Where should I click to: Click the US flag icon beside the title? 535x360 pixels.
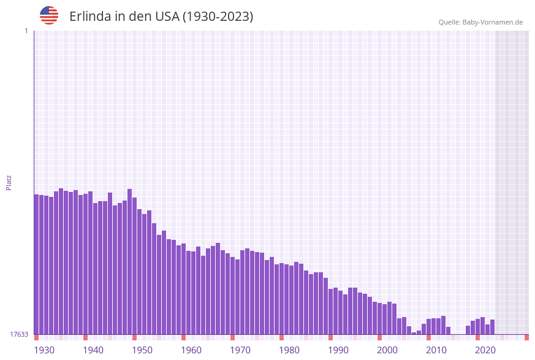[x=49, y=15]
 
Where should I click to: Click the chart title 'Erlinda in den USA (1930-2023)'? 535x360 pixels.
[x=161, y=17]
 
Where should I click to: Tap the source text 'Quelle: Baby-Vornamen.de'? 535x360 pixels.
[x=480, y=22]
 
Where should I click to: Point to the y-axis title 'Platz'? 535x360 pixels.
[x=9, y=182]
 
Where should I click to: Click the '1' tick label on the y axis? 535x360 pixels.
[x=26, y=31]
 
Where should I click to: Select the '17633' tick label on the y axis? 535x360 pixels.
[x=19, y=334]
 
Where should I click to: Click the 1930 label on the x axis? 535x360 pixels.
[x=44, y=350]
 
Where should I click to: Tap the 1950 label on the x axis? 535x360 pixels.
[x=142, y=350]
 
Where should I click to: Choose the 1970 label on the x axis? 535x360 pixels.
[x=240, y=350]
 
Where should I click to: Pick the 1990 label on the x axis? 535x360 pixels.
[x=338, y=350]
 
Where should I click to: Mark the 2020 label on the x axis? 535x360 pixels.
[x=485, y=350]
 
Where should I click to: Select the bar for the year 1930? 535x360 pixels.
[x=37, y=264]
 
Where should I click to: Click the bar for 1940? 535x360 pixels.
[x=86, y=264]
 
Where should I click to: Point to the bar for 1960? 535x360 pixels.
[x=184, y=289]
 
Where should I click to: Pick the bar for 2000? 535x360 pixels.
[x=380, y=319]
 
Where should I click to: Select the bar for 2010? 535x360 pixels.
[x=429, y=327]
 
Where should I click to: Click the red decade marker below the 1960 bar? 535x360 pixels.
[x=183, y=337]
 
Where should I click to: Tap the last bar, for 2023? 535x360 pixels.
[x=492, y=327]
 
